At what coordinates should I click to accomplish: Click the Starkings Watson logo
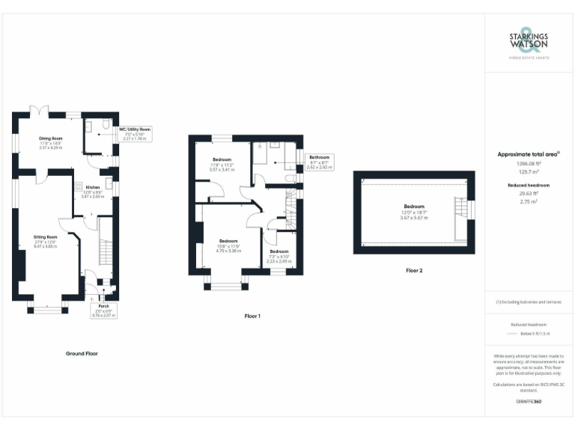529,43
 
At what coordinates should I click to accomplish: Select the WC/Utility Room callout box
136,133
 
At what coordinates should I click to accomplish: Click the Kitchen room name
93,190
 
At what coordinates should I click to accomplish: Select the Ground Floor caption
80,353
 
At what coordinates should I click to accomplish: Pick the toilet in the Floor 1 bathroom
289,180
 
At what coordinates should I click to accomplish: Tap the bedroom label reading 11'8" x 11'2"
222,165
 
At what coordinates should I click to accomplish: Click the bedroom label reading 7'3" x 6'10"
279,256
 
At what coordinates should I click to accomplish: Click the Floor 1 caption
252,317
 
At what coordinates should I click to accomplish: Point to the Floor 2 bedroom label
414,212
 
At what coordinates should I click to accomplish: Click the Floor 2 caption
414,270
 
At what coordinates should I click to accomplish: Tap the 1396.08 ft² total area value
529,163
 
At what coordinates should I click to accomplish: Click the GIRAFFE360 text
529,402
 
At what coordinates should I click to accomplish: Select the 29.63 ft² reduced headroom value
529,192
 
